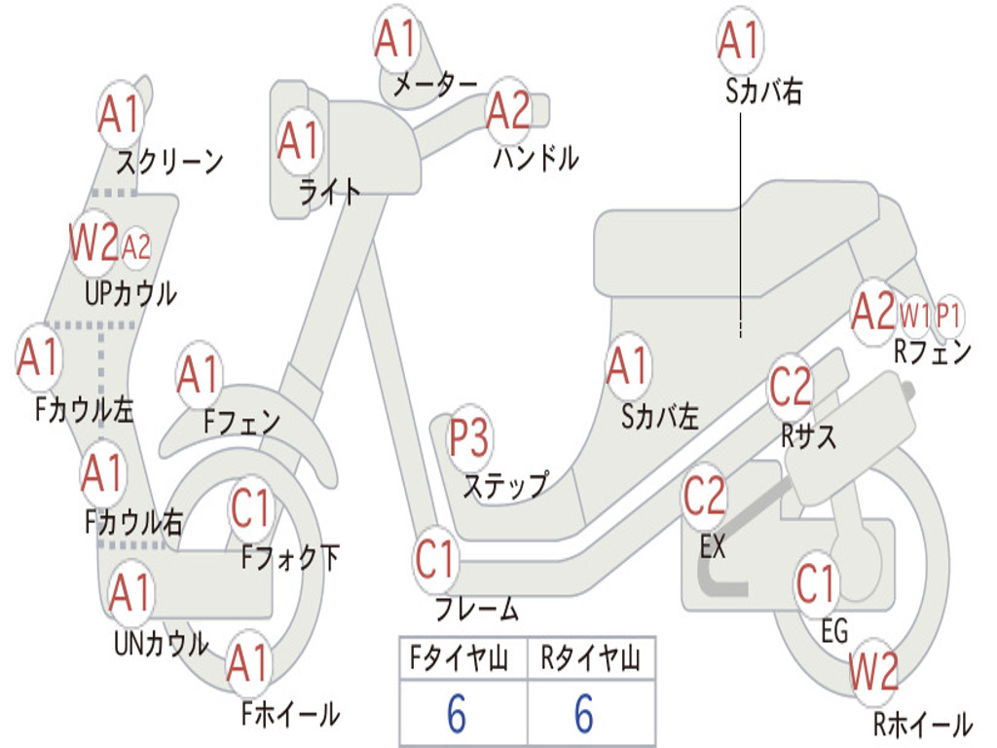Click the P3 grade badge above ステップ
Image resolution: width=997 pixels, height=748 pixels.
(x=469, y=437)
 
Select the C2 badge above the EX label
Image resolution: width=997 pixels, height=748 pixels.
(x=704, y=496)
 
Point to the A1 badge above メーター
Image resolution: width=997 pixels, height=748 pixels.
(x=395, y=38)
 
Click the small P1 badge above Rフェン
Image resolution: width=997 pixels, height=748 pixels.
(x=948, y=316)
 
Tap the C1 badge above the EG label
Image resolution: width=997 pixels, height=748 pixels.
(x=817, y=584)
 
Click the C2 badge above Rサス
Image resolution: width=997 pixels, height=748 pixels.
(x=791, y=386)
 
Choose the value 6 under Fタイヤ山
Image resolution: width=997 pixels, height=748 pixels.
(x=457, y=713)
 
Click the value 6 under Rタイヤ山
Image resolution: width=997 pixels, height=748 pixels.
(x=584, y=713)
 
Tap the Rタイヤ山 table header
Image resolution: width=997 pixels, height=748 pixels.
(x=591, y=658)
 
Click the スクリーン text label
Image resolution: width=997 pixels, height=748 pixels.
(x=169, y=163)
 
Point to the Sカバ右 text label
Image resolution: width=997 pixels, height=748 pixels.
(x=763, y=91)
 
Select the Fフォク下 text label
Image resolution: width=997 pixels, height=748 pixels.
(x=290, y=558)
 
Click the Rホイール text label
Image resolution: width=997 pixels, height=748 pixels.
(x=923, y=725)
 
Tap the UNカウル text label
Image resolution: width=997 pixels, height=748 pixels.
(x=161, y=644)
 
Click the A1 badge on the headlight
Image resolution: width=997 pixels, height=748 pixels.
(x=299, y=140)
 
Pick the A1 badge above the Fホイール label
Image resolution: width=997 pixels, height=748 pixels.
(x=248, y=663)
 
